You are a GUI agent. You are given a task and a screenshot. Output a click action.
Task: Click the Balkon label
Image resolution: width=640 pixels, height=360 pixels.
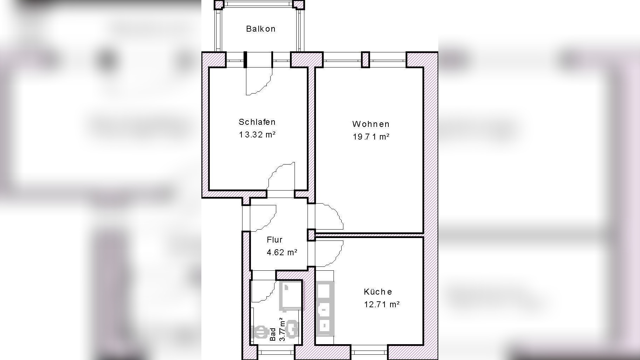tap(260, 29)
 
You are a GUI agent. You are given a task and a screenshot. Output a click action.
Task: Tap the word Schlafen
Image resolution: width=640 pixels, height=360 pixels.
tap(257, 122)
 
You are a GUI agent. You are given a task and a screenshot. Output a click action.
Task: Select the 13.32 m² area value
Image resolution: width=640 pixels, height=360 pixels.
tap(257, 135)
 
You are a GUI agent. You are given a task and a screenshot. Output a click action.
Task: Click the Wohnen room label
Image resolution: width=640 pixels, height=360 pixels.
tap(371, 124)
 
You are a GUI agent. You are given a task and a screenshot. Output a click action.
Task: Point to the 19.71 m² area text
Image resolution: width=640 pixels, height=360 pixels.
tap(371, 137)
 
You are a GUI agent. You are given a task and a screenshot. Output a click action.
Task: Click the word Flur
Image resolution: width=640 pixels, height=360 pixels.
tap(274, 240)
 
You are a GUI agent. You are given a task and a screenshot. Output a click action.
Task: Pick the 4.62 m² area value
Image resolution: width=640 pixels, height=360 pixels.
tap(282, 252)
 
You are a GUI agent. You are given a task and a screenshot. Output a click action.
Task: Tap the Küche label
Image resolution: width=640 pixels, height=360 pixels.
tap(378, 292)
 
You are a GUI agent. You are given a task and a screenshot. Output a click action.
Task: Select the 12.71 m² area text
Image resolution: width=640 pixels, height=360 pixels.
tap(382, 304)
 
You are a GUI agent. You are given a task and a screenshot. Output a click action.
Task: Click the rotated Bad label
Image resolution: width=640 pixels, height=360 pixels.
tap(273, 334)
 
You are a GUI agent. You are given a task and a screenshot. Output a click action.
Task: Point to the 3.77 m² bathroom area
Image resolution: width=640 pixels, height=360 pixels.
tap(282, 329)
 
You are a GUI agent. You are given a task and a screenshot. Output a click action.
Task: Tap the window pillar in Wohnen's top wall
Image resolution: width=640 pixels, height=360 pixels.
tap(366, 59)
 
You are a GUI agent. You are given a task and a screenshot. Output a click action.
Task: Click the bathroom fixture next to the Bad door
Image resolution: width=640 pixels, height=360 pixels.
tap(290, 297)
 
